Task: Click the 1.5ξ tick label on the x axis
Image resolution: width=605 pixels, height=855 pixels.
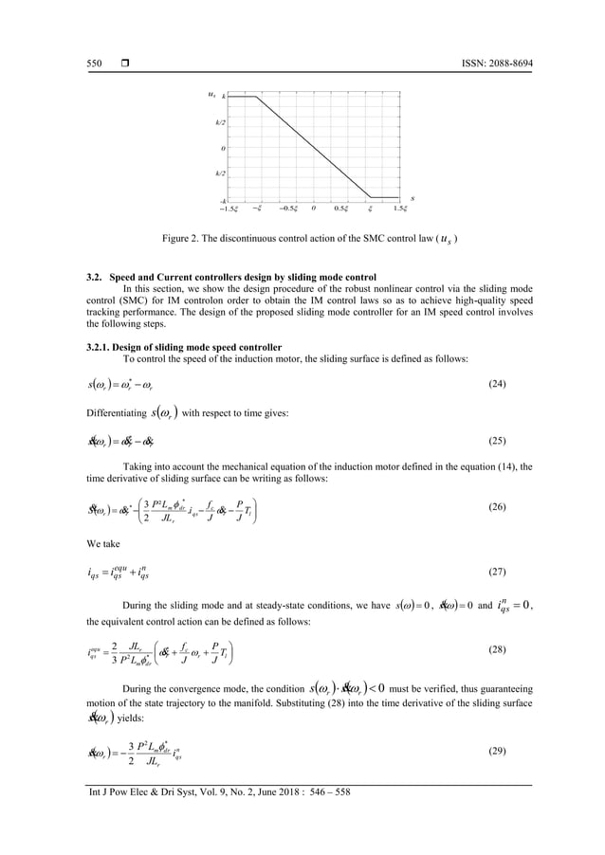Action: [x=401, y=208]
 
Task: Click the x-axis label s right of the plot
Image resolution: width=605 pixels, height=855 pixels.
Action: [x=414, y=197]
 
